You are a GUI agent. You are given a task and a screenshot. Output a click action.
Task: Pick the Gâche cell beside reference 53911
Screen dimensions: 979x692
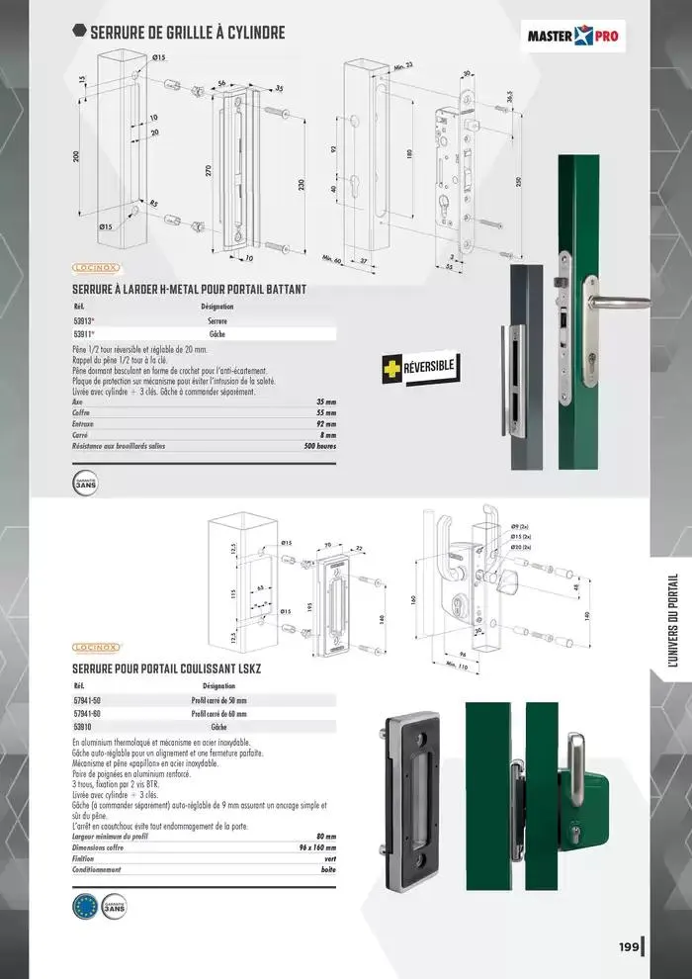(x=216, y=335)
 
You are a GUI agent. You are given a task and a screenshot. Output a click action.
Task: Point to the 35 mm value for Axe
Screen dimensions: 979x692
(x=326, y=402)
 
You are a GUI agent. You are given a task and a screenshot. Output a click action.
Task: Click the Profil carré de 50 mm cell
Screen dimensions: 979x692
(x=218, y=699)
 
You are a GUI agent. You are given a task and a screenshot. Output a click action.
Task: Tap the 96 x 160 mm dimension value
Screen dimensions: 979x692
(x=316, y=847)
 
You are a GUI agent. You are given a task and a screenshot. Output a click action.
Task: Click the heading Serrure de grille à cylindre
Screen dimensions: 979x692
(x=187, y=33)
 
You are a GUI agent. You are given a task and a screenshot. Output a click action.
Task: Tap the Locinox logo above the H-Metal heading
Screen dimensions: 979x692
(x=97, y=267)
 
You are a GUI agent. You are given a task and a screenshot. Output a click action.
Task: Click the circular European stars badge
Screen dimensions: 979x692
(x=87, y=908)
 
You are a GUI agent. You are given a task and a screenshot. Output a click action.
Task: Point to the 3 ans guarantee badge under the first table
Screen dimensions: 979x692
(x=87, y=484)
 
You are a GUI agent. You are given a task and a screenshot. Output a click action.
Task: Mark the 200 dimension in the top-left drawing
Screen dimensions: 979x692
(x=77, y=157)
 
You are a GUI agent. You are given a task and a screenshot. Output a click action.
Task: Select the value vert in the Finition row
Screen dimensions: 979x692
(x=328, y=858)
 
